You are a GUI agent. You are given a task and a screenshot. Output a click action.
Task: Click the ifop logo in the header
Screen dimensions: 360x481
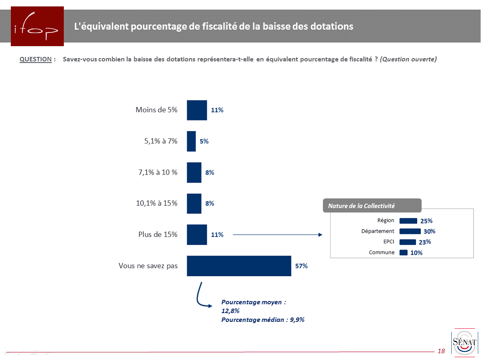tap(37, 26)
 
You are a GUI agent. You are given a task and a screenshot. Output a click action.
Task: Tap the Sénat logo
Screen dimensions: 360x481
tap(464, 342)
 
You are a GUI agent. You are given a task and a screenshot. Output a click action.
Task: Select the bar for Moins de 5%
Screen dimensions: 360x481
tap(197, 110)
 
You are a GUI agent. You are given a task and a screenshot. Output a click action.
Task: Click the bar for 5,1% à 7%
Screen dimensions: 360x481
tap(192, 141)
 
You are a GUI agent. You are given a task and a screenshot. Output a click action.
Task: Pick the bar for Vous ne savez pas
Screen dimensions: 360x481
tap(239, 266)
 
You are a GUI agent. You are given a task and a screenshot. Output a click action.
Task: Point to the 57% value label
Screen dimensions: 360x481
tap(302, 266)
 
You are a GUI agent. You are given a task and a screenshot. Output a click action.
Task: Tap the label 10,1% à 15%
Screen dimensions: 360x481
tap(157, 203)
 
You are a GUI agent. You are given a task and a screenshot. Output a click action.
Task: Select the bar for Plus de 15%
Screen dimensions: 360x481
tap(197, 234)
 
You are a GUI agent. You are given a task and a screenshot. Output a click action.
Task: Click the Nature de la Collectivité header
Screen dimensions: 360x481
tap(361, 206)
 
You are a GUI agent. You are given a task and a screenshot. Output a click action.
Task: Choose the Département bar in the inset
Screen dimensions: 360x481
tap(410, 231)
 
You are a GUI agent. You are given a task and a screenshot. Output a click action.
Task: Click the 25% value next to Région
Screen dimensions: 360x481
tap(426, 221)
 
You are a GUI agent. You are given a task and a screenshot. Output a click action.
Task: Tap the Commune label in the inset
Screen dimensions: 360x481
tap(381, 252)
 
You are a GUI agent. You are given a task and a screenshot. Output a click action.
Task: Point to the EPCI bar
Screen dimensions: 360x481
tap(408, 242)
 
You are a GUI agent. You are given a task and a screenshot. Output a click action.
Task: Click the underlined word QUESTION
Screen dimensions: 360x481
tap(36, 59)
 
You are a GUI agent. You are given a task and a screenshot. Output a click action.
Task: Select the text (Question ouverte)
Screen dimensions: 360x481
tap(408, 59)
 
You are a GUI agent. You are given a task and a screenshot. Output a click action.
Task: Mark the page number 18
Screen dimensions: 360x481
tap(441, 351)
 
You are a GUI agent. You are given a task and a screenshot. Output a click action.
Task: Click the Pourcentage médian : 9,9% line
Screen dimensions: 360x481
tap(263, 320)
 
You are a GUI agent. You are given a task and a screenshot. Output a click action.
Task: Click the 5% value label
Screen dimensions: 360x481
tap(204, 141)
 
